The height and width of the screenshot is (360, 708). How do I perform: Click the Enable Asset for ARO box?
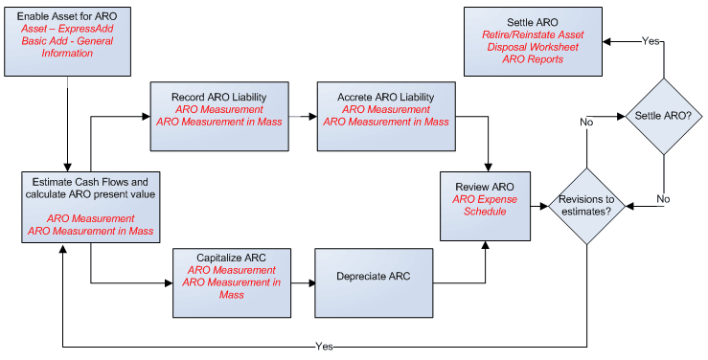67,43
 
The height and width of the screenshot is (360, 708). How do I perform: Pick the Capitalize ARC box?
233,282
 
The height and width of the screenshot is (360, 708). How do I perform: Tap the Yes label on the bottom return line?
325,345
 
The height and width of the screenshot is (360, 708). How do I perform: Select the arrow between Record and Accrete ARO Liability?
304,116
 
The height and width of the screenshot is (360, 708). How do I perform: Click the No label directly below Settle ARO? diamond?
663,200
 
